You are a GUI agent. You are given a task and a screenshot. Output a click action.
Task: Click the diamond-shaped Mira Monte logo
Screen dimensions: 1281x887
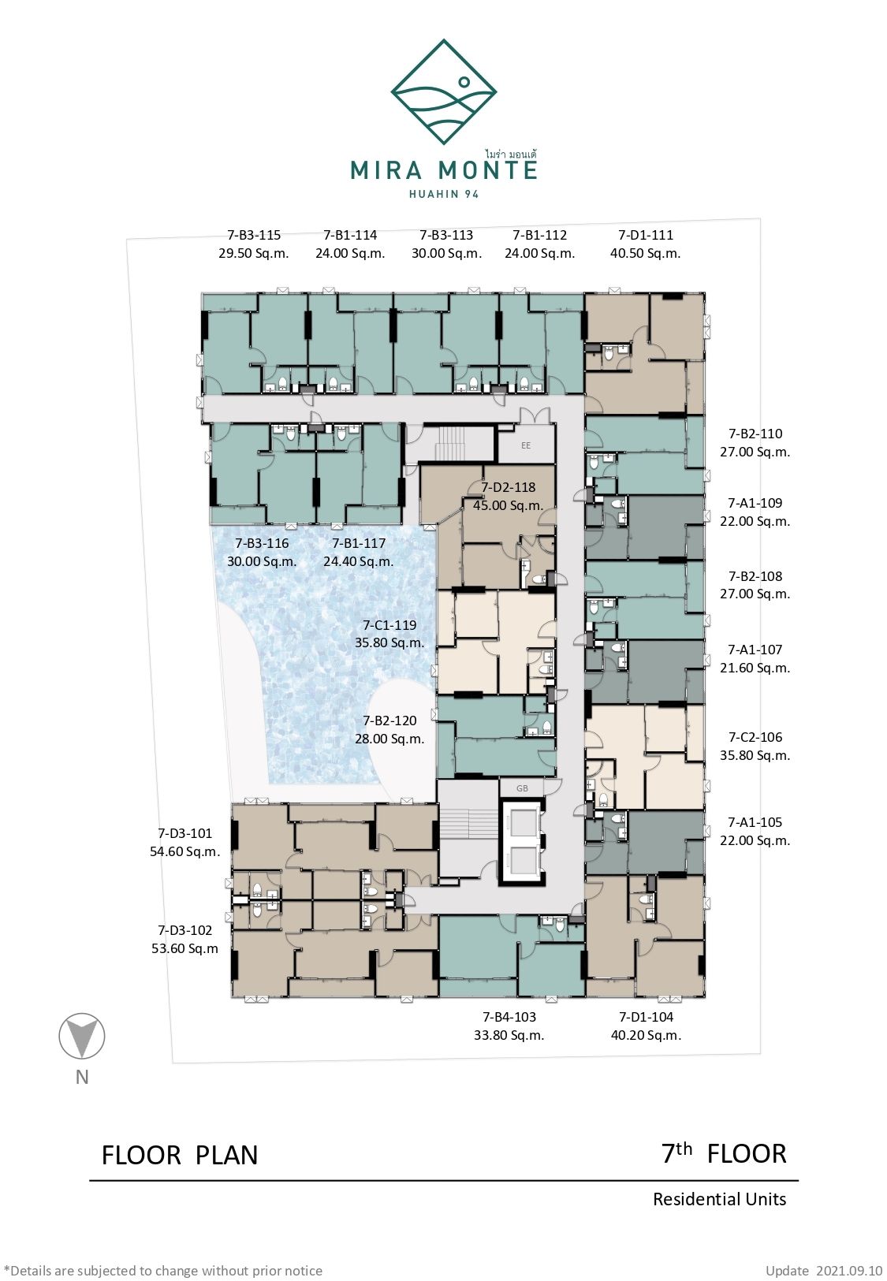pyautogui.click(x=444, y=92)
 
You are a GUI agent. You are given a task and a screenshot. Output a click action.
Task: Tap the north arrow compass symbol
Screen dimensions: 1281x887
pyautogui.click(x=82, y=1036)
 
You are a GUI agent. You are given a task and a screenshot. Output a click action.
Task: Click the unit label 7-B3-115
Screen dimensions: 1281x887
pyautogui.click(x=254, y=235)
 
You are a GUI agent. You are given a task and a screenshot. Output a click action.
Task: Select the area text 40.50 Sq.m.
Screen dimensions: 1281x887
pyautogui.click(x=645, y=253)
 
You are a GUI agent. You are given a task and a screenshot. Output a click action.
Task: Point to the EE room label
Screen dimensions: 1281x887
pyautogui.click(x=526, y=445)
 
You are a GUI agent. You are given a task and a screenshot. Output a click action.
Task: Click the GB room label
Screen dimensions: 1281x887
pyautogui.click(x=522, y=788)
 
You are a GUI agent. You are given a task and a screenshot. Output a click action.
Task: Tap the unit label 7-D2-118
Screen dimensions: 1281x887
pyautogui.click(x=509, y=487)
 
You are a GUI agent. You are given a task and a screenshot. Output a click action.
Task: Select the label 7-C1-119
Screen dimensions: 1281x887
pyautogui.click(x=389, y=625)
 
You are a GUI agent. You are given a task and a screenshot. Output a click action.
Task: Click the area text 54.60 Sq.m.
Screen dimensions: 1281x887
pyautogui.click(x=184, y=851)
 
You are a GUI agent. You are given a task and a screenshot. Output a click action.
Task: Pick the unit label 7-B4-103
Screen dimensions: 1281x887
pyautogui.click(x=509, y=1017)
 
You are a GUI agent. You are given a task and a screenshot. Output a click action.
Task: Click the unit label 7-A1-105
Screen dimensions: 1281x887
pyautogui.click(x=755, y=822)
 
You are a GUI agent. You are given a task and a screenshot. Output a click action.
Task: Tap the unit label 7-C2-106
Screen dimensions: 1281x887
pyautogui.click(x=755, y=737)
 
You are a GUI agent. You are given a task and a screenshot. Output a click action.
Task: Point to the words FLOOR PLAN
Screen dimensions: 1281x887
pyautogui.click(x=180, y=1155)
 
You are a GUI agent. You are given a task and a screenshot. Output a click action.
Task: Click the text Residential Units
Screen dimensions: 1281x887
pyautogui.click(x=719, y=1199)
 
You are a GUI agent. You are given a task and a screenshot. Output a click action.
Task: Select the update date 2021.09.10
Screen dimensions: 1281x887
pyautogui.click(x=849, y=1271)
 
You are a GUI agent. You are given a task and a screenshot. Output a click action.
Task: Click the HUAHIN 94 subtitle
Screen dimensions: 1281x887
pyautogui.click(x=444, y=194)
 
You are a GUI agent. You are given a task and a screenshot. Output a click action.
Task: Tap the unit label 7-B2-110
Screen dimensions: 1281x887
pyautogui.click(x=755, y=434)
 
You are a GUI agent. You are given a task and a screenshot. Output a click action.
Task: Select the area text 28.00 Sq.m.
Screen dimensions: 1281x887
pyautogui.click(x=389, y=739)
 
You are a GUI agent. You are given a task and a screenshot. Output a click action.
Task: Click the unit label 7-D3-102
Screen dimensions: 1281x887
pyautogui.click(x=184, y=930)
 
